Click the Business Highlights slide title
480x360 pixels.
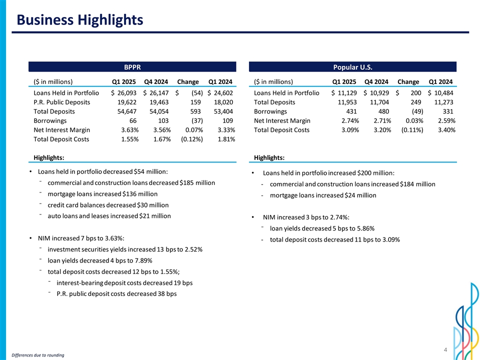pyautogui.click(x=79, y=20)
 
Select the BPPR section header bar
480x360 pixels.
pyautogui.click(x=132, y=67)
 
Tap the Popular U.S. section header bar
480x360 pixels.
pyautogui.click(x=352, y=67)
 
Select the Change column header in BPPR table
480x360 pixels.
pyautogui.click(x=188, y=81)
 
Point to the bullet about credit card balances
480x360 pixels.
pyautogui.click(x=108, y=205)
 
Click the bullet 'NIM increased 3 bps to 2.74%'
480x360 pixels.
pyautogui.click(x=305, y=217)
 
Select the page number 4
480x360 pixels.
pyautogui.click(x=445, y=350)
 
